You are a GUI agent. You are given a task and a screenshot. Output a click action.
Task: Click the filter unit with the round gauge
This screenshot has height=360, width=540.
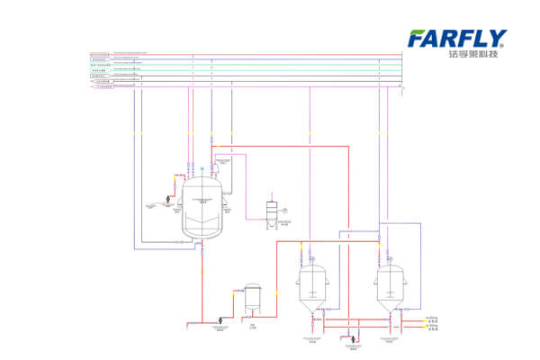pyautogui.click(x=271, y=209)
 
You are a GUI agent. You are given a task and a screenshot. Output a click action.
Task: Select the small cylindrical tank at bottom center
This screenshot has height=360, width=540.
pyautogui.click(x=253, y=300)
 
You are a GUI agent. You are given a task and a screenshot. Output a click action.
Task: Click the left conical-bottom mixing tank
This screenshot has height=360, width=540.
pyautogui.click(x=312, y=290)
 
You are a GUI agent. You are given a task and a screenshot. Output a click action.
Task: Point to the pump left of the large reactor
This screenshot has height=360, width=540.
pyautogui.click(x=167, y=199)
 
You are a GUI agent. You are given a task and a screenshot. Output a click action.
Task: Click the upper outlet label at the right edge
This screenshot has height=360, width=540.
pyautogui.click(x=432, y=319)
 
